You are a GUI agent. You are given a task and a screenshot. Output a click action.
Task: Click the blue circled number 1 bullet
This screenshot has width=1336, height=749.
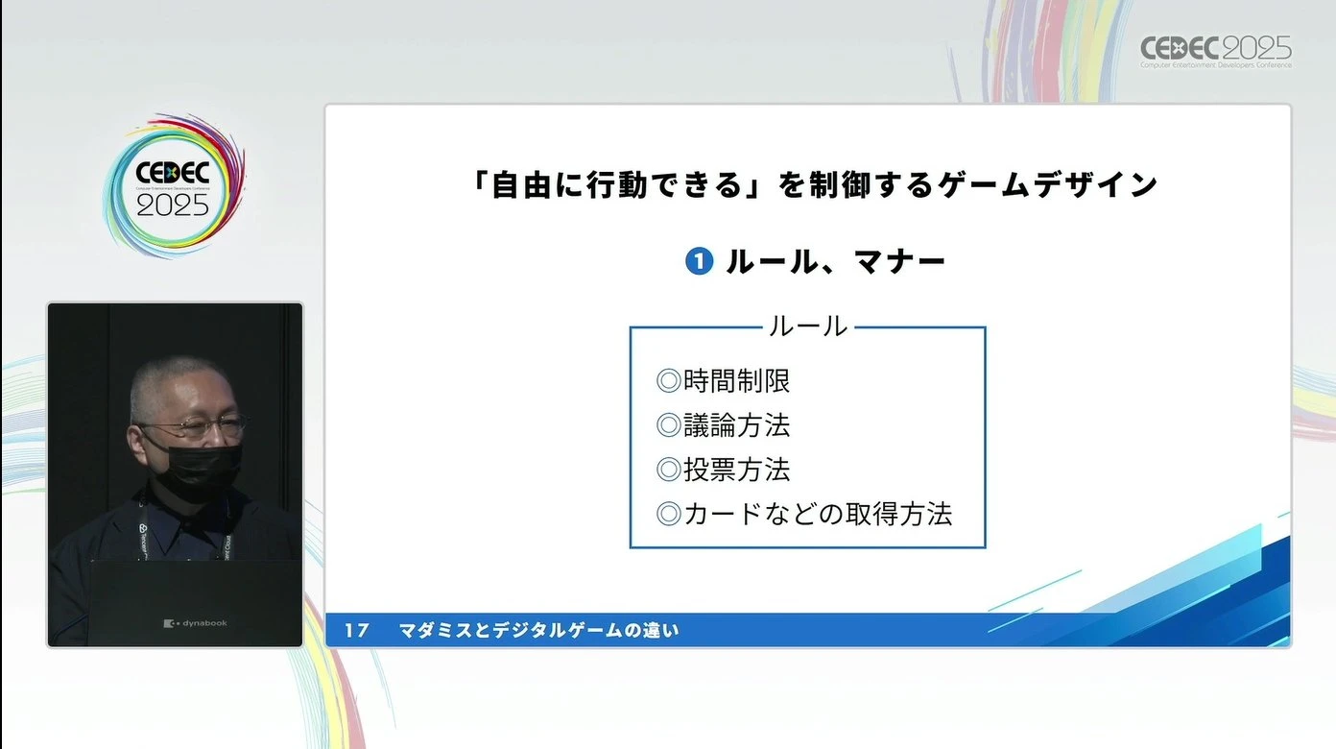pyautogui.click(x=699, y=261)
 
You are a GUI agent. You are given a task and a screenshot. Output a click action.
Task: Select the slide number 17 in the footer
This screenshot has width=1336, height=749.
pyautogui.click(x=357, y=630)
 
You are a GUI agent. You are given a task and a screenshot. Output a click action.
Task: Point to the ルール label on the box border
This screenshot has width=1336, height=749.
pyautogui.click(x=808, y=326)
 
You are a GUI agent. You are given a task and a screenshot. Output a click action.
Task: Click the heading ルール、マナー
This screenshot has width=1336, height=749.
pyautogui.click(x=836, y=261)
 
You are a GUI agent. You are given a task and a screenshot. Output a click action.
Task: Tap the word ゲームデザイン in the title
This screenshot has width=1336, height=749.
pyautogui.click(x=1047, y=184)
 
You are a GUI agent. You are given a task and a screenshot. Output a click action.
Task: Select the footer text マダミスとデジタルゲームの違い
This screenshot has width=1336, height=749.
pyautogui.click(x=538, y=630)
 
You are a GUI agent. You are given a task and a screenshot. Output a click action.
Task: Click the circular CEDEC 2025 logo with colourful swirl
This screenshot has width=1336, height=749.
pyautogui.click(x=173, y=186)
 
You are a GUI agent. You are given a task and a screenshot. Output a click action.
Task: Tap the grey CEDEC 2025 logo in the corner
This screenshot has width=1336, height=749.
pyautogui.click(x=1216, y=51)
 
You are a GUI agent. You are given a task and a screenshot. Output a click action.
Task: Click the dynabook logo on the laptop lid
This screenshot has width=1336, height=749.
pyautogui.click(x=196, y=623)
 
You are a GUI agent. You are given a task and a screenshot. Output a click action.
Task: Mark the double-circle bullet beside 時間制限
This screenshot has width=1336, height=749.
pyautogui.click(x=669, y=381)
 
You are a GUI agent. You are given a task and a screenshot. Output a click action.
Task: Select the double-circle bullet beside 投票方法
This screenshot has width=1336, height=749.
pyautogui.click(x=669, y=470)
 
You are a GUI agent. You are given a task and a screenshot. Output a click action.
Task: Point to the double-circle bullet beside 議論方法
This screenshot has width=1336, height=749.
pyautogui.click(x=669, y=425)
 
